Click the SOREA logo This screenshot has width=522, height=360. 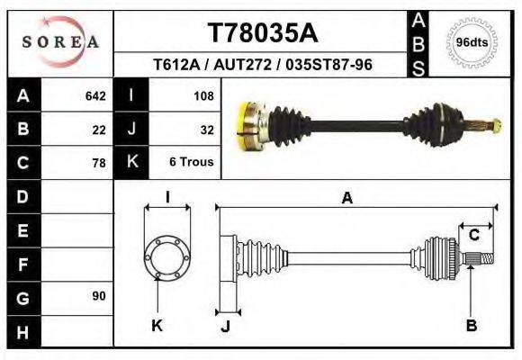60,41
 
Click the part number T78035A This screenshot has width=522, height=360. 262,33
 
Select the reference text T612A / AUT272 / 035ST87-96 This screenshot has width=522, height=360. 263,65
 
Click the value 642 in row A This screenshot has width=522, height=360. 95,95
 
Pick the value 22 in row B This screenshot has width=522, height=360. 99,129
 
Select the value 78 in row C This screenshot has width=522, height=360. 99,163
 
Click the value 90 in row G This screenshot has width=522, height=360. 99,296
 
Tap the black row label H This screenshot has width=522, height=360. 22,332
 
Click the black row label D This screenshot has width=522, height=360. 22,196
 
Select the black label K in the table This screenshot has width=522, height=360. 131,163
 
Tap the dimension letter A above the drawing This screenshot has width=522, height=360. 347,199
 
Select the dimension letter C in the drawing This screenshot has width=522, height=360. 473,236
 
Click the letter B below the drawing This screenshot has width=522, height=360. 471,326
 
